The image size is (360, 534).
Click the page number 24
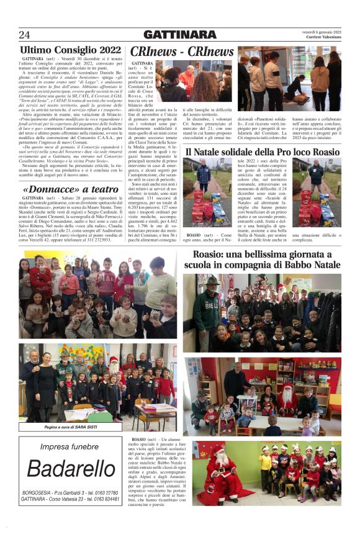[x=24, y=34]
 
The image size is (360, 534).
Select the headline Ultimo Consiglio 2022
[x=70, y=50]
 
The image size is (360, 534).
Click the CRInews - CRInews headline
[x=182, y=52]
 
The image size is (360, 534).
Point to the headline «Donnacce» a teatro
[x=70, y=188]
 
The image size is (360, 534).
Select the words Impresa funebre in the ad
[x=70, y=447]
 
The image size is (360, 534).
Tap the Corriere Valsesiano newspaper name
[x=323, y=38]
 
